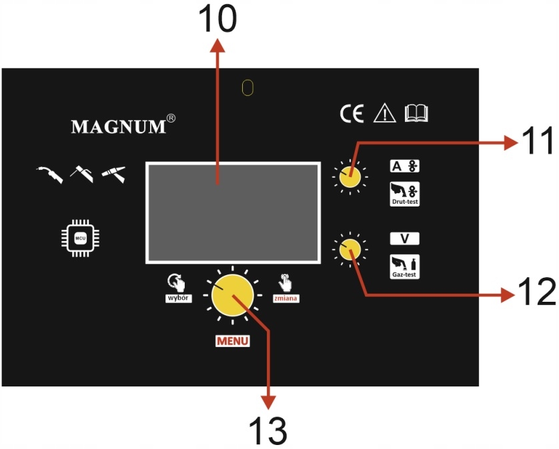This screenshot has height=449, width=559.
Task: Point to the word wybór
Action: click(x=179, y=299)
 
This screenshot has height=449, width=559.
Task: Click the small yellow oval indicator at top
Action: click(x=248, y=88)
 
